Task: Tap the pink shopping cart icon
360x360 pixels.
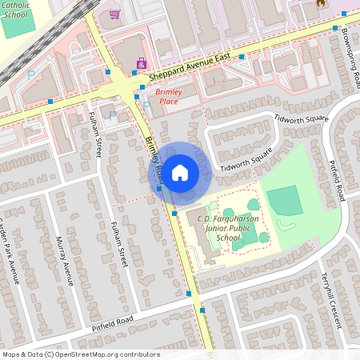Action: [x=114, y=14]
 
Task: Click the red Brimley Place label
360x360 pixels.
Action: [x=168, y=97]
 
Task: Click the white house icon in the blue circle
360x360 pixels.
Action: [x=180, y=171]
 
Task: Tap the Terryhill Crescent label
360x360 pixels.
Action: [x=334, y=295]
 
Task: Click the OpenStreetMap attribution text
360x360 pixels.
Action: [x=80, y=354]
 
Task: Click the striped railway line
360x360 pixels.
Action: [x=32, y=56]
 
